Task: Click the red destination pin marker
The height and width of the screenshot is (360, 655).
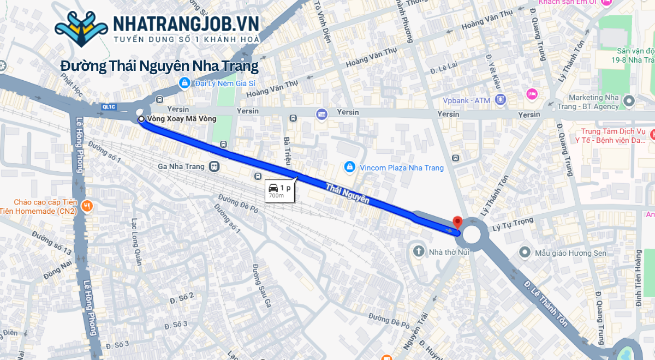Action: [x=457, y=222]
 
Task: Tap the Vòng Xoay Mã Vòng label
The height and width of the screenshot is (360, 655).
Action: [x=182, y=118]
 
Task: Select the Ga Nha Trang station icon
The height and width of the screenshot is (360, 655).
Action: [x=214, y=166]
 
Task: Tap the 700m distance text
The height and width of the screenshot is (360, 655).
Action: [x=276, y=195]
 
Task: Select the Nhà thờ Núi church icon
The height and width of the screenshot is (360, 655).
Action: [x=419, y=251]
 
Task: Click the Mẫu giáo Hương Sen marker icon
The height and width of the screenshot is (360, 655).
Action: [x=525, y=252]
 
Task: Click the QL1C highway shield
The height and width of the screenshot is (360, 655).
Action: [x=109, y=107]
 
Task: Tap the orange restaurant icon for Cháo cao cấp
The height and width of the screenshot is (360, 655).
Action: [x=87, y=206]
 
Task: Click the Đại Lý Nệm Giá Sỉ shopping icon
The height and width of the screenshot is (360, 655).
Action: [x=184, y=83]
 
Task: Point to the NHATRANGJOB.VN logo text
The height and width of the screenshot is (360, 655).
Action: [x=186, y=24]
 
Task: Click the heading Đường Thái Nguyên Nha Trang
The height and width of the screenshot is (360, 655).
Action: [x=159, y=66]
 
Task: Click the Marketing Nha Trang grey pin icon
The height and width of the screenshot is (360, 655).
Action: [x=629, y=100]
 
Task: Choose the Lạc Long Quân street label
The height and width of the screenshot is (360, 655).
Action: [x=136, y=242]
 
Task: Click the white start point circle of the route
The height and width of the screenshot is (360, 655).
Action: [x=141, y=118]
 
